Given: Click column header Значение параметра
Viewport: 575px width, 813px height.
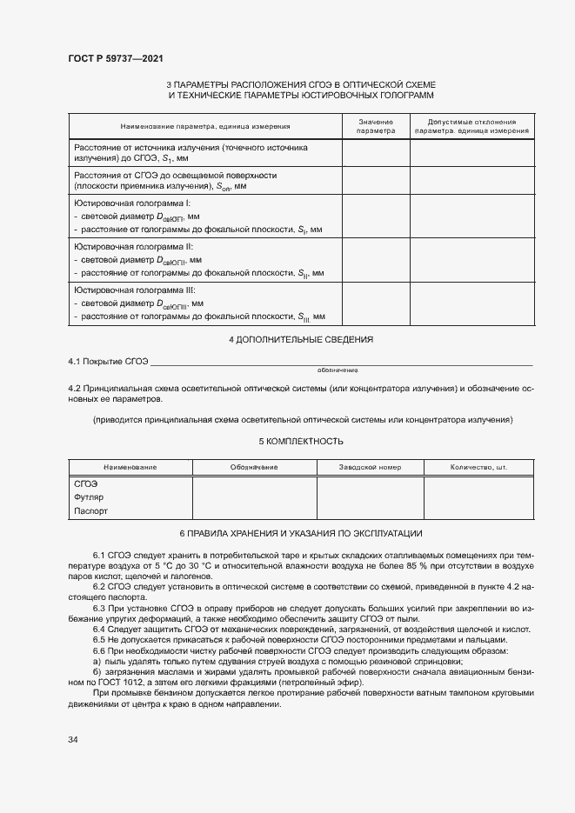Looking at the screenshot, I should (376, 126).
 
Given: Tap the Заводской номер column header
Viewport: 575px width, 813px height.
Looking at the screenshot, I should (370, 467).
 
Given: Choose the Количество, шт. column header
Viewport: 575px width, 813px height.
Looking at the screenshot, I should (478, 467).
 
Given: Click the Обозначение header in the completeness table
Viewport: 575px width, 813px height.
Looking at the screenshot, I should (254, 467).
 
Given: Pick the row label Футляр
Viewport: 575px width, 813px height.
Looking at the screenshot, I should (89, 497).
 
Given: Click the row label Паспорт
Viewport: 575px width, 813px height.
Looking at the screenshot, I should (90, 511).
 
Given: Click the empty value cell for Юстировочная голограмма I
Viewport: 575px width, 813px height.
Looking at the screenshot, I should (376, 216).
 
